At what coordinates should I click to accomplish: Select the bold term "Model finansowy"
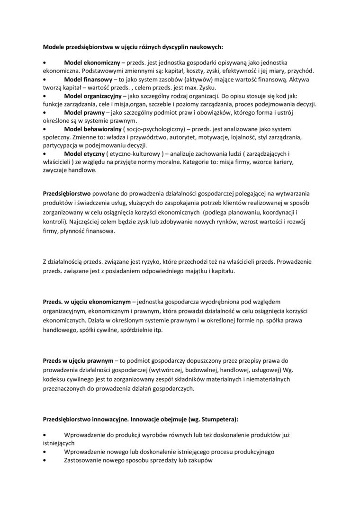pos(88,80)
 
